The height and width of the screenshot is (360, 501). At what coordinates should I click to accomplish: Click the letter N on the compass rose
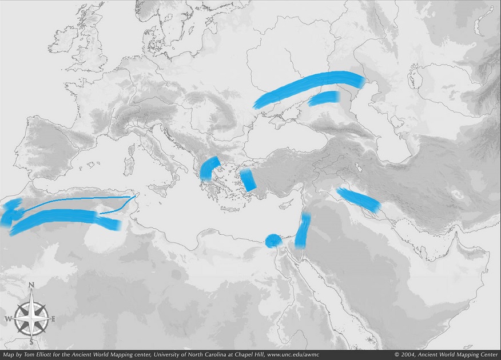pos(31,285)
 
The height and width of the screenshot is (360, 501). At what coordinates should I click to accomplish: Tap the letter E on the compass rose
pos(53,319)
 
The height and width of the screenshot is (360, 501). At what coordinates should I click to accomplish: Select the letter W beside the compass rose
pos(9,319)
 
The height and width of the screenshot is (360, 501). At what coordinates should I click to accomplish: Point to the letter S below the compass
pos(31,343)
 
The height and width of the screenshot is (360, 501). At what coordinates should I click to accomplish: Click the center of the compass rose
pos(31,317)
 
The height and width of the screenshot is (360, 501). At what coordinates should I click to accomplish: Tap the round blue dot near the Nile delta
pos(273,241)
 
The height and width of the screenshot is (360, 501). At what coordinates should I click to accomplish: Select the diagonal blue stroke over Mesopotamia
pos(358,199)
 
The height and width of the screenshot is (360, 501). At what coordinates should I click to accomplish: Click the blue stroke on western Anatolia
pos(248,180)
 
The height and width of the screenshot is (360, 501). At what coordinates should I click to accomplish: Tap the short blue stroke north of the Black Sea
pos(324,98)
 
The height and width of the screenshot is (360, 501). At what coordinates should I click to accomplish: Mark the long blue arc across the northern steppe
pos(309,87)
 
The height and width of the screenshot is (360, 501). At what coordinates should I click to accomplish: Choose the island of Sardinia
pos(129,166)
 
